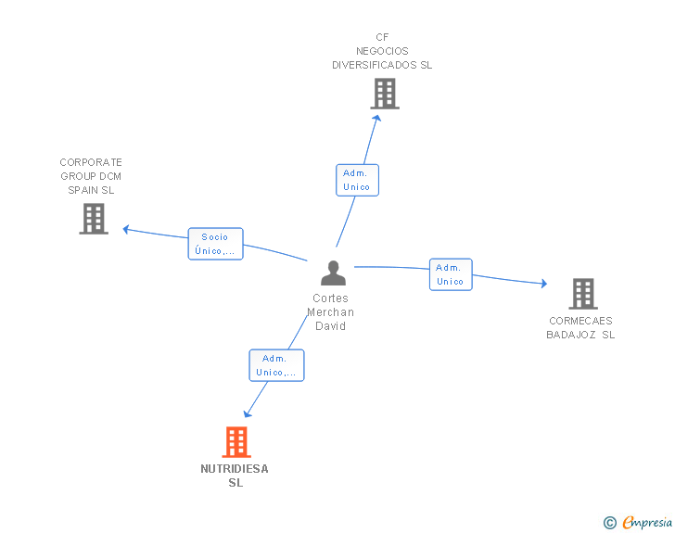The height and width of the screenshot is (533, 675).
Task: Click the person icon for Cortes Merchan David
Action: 333,273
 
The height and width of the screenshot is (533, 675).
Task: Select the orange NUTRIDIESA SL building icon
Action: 236,442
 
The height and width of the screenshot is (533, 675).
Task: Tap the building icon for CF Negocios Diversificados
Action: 385,94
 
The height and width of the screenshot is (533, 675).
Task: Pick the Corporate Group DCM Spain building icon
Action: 94,219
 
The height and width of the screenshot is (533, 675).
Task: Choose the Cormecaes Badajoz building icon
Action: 583,294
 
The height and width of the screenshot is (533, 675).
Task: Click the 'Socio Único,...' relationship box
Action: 216,244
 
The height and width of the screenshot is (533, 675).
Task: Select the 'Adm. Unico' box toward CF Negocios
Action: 357,180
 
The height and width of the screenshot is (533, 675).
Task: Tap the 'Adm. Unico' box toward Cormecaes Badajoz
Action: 451,274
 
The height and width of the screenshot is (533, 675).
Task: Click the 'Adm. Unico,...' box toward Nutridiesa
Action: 277,365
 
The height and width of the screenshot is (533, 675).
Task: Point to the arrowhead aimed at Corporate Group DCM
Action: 126,230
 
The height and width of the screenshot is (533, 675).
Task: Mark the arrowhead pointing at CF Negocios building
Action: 376,118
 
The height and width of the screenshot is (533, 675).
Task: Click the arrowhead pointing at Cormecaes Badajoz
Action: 544,284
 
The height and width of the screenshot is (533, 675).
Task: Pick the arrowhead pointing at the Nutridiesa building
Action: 247,413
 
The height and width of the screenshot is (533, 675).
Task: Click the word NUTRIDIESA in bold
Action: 235,469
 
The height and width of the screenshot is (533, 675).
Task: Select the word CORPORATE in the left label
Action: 91,162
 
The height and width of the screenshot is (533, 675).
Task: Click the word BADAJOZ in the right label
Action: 571,335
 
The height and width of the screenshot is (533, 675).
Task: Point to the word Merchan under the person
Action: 331,312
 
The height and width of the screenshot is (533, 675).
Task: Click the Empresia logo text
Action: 647,522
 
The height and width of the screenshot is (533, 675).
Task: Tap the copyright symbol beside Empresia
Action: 609,523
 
